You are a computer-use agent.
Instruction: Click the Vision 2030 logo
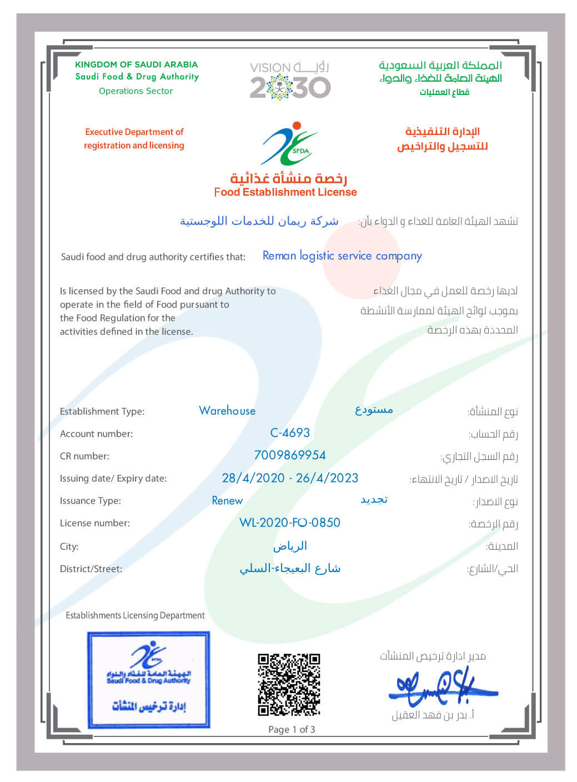[290, 81]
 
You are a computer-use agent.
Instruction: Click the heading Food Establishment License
[285, 192]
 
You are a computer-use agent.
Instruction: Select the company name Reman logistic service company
[342, 256]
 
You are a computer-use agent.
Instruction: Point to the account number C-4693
[290, 433]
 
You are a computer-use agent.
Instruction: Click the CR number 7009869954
[290, 455]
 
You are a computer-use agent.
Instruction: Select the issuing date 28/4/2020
[253, 478]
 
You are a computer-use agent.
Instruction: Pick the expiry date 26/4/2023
[327, 478]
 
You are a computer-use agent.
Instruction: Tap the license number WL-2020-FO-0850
[290, 523]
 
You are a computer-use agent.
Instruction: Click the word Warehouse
[227, 411]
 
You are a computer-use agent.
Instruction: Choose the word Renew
[227, 500]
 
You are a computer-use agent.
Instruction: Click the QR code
[289, 684]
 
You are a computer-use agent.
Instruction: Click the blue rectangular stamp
[148, 679]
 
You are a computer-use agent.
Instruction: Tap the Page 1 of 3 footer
[292, 729]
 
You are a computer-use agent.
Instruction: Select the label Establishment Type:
[102, 412]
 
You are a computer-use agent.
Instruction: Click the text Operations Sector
[136, 91]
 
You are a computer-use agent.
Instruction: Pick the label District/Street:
[91, 569]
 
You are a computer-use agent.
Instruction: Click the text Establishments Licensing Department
[135, 615]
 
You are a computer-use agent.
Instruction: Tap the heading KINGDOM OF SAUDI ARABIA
[136, 64]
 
